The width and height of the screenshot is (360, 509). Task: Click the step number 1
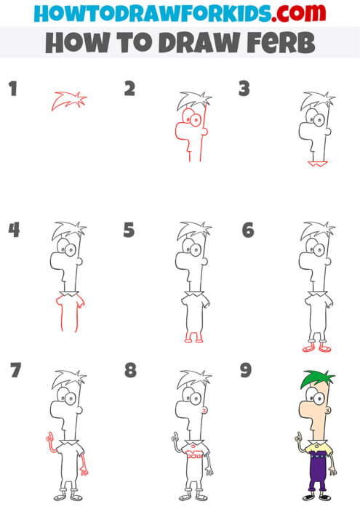[12, 90]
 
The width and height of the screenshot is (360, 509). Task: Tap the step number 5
[129, 231]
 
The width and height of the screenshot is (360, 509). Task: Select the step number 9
[246, 371]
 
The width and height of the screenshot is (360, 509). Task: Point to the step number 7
[15, 371]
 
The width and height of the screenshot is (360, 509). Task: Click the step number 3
[244, 89]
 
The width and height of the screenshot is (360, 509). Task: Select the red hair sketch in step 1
[68, 101]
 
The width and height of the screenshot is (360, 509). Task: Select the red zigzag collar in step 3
[315, 164]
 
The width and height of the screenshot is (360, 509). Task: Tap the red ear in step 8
[204, 411]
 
